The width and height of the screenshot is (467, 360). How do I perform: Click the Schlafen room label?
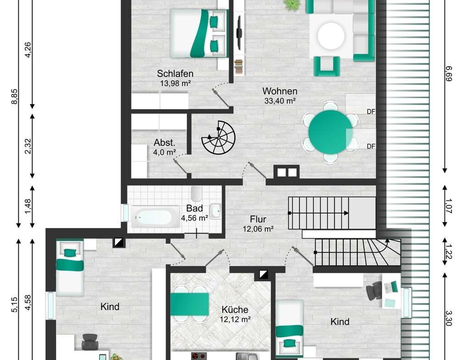tap(175, 73)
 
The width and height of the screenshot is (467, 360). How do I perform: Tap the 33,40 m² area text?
tap(280, 101)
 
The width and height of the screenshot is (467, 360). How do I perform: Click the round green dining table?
tap(331, 132)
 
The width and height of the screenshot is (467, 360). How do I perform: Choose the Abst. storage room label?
tap(164, 143)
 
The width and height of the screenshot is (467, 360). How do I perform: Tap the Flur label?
tap(258, 220)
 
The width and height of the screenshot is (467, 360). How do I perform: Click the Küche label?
tap(235, 310)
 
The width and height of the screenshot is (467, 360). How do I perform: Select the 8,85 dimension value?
tap(14, 97)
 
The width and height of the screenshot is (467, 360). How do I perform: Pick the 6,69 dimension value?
tap(449, 73)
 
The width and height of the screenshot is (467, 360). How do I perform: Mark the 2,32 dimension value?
tap(28, 146)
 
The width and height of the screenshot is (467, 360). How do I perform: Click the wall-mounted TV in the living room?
tap(239, 33)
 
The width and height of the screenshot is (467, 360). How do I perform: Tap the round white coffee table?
tap(331, 36)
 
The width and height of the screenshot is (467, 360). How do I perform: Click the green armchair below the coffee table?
tap(327, 66)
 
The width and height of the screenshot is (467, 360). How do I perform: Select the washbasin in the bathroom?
tap(215, 211)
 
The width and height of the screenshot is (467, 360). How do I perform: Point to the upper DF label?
tap(371, 111)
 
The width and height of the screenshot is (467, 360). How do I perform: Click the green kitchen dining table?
tap(189, 304)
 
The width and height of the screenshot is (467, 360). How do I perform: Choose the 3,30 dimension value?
tap(449, 318)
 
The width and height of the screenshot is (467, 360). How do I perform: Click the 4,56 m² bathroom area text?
tap(195, 218)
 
